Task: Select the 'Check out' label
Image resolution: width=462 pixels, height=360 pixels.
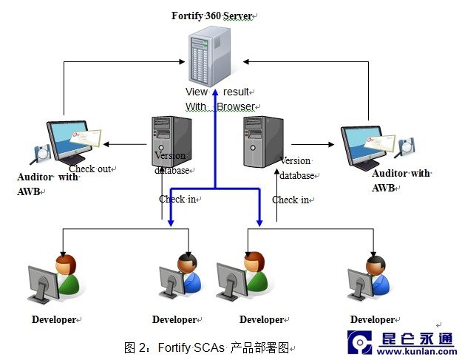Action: tap(91, 169)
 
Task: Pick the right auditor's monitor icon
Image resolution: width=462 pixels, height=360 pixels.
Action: tap(365, 147)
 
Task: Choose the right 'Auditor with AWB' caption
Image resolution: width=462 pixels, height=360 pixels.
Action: tap(400, 180)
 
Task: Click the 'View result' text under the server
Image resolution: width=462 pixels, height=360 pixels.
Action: tap(219, 92)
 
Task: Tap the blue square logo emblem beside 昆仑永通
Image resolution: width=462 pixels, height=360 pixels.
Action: tap(360, 342)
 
